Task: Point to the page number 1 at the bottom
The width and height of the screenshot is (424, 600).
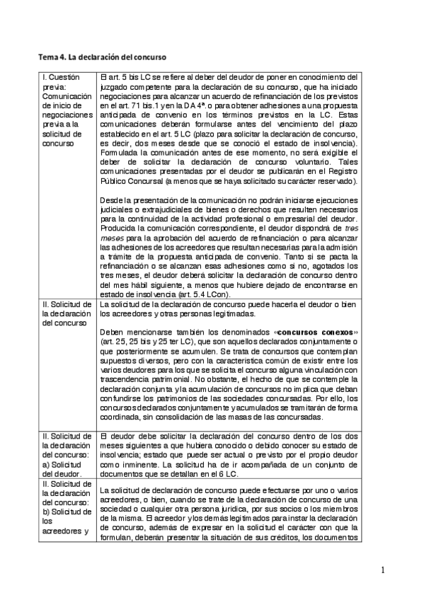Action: [382, 570]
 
